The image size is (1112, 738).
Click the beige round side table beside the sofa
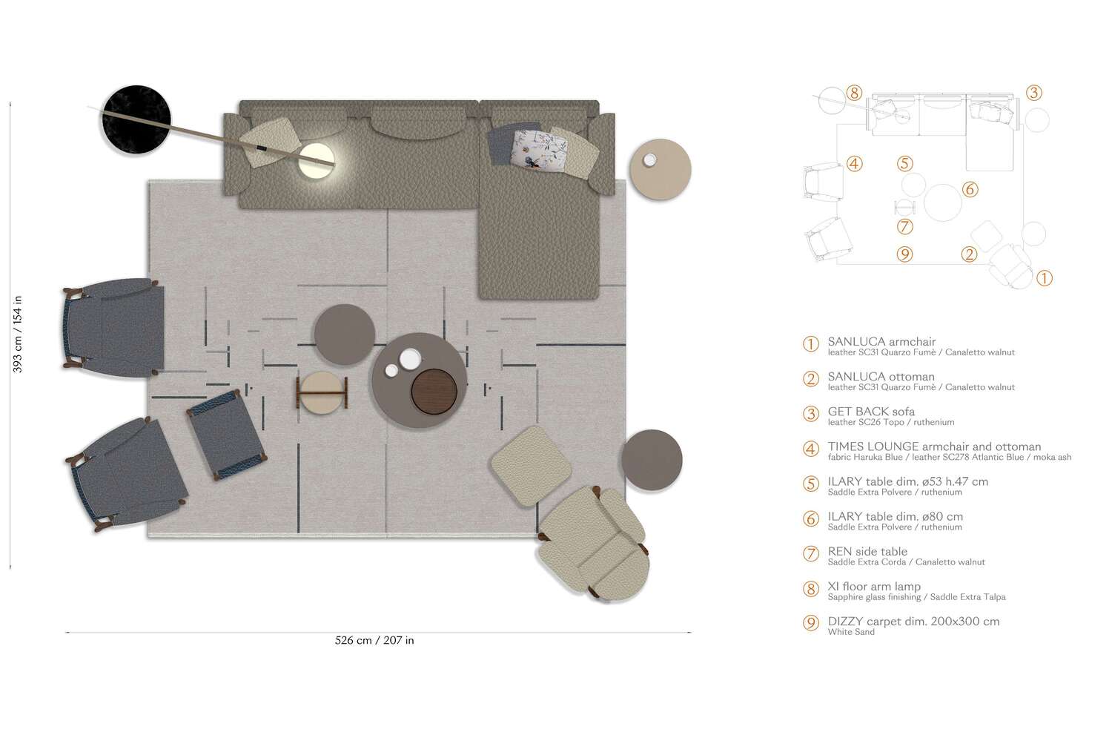point(660,170)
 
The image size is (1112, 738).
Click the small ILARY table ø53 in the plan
point(344,335)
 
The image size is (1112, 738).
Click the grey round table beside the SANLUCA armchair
point(651,460)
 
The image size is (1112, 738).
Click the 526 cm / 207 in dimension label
point(374,640)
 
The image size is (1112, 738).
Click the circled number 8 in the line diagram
point(855,93)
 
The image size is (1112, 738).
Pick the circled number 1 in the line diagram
point(1043,279)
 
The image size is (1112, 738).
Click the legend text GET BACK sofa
point(871,412)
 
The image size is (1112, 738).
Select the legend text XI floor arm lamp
point(874,587)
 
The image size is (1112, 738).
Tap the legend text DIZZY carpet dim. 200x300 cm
point(913,622)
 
